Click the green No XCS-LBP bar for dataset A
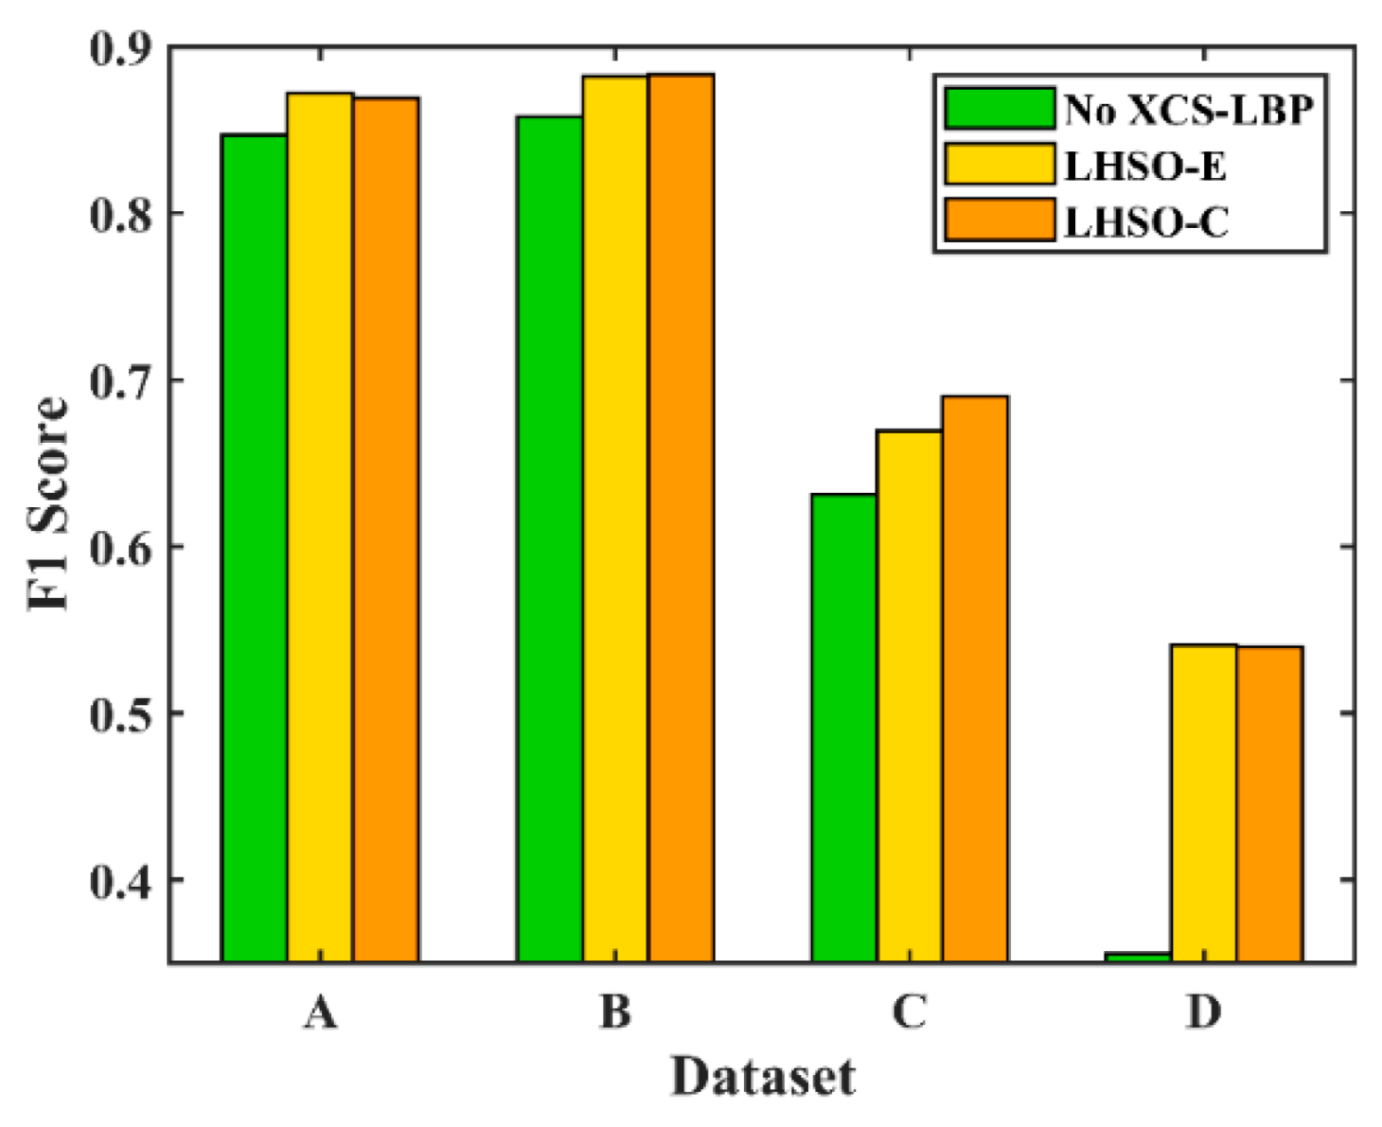click(254, 547)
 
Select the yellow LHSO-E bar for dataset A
click(320, 528)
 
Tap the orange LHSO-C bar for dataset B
click(681, 519)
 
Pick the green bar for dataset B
click(550, 538)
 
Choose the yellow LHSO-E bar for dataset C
click(909, 695)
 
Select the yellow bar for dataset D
click(1203, 803)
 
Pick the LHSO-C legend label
click(1146, 222)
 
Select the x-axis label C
click(909, 1012)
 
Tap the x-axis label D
click(1204, 1012)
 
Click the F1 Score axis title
click(48, 503)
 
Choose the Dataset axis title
click(762, 1078)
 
